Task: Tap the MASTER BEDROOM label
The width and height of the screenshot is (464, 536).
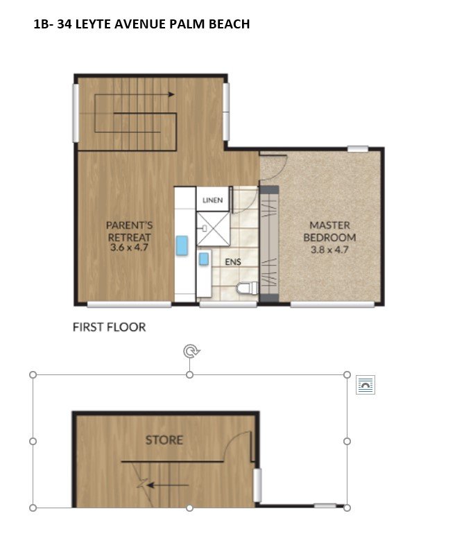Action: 329,231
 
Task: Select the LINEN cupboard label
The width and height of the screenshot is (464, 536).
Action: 212,200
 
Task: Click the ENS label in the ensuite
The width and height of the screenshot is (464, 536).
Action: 234,263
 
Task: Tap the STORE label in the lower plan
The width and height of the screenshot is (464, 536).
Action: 164,440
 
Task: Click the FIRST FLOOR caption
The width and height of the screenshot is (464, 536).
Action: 110,327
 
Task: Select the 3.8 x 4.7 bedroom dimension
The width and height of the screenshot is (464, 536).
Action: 329,248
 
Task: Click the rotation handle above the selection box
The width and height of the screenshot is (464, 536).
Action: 190,352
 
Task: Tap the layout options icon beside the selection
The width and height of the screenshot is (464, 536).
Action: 365,386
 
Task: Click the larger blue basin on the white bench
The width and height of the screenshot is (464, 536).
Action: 182,245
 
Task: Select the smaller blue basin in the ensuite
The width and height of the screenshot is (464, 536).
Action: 205,259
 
